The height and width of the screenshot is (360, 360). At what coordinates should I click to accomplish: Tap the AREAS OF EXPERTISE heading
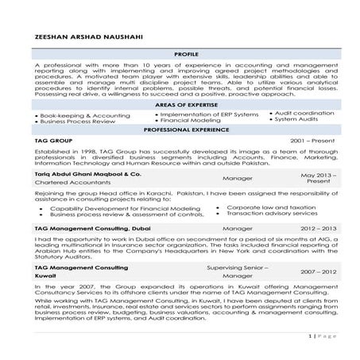tap(180, 106)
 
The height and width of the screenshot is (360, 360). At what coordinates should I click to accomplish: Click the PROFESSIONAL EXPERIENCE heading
tap(180, 129)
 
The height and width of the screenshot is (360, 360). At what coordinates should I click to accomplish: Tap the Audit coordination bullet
tap(301, 114)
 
